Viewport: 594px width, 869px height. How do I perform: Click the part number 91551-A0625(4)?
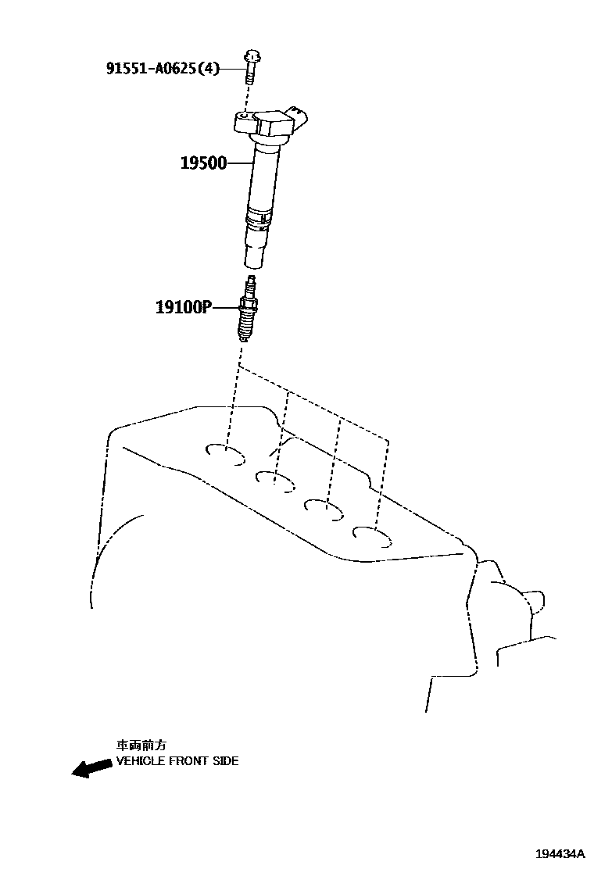pyautogui.click(x=163, y=68)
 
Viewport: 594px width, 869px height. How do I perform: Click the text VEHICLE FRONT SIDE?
pyautogui.click(x=177, y=760)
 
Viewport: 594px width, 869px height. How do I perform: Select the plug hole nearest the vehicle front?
pyautogui.click(x=227, y=453)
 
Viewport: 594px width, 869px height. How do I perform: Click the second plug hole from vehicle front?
pyautogui.click(x=275, y=478)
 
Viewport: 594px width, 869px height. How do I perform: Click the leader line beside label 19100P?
pyautogui.click(x=224, y=307)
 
